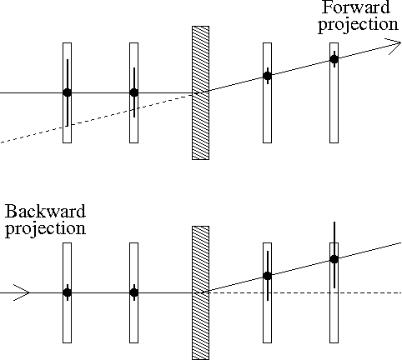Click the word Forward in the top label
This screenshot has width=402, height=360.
point(356,7)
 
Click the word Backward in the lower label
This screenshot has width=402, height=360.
point(45,211)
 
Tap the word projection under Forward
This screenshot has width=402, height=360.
point(359,25)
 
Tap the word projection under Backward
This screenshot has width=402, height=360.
point(46,229)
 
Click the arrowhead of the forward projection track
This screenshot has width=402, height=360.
point(394,45)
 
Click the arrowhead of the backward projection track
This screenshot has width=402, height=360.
point(22,292)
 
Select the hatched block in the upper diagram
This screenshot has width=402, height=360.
point(200,93)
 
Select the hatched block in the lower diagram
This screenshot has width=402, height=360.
point(200,292)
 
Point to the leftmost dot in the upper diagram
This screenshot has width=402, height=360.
point(67,92)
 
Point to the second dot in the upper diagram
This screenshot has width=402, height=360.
point(134,92)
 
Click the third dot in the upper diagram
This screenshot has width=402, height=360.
point(268,76)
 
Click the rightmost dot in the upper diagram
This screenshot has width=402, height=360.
point(334,59)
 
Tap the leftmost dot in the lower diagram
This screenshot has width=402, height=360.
point(67,292)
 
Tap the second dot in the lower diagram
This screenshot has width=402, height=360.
point(134,292)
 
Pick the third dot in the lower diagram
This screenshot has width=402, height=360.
point(268,276)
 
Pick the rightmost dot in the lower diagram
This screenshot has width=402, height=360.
point(334,259)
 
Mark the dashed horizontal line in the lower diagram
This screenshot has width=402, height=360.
point(303,292)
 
